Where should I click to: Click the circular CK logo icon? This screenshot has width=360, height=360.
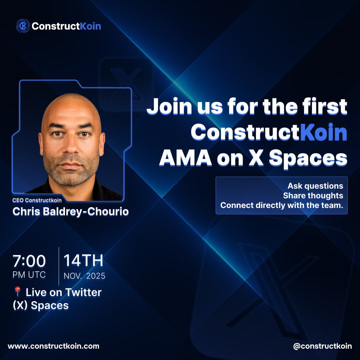(23, 26)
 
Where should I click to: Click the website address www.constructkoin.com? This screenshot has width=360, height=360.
(53, 346)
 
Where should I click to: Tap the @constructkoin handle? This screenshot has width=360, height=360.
(322, 346)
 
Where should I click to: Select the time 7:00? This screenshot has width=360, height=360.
(29, 261)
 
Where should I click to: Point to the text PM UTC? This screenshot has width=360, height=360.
(29, 275)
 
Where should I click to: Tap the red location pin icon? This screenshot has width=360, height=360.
(18, 292)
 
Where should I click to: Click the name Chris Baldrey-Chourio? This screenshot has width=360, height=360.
(70, 212)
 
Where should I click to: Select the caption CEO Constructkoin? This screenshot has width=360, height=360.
(37, 200)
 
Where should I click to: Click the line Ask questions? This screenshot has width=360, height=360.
(315, 186)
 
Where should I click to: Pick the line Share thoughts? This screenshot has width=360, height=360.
(313, 195)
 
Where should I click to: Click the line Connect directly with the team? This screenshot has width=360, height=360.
(282, 205)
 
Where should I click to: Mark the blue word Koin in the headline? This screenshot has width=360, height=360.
(323, 133)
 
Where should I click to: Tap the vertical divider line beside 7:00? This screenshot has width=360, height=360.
(59, 266)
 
